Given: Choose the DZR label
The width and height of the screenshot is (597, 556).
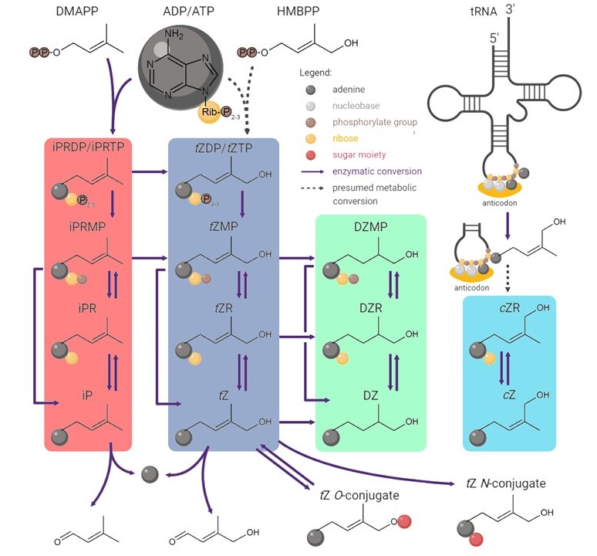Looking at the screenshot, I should (370, 307).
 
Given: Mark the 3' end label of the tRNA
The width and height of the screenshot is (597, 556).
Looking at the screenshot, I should (510, 9).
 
